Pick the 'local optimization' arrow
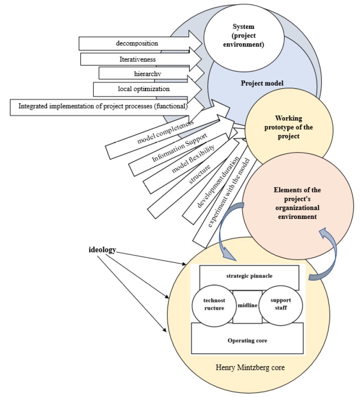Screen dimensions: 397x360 [137, 88]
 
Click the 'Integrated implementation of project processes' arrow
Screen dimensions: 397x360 [103, 107]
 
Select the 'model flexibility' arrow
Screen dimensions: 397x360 [188, 161]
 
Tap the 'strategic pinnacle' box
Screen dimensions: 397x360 [249, 277]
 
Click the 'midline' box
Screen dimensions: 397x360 [247, 305]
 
